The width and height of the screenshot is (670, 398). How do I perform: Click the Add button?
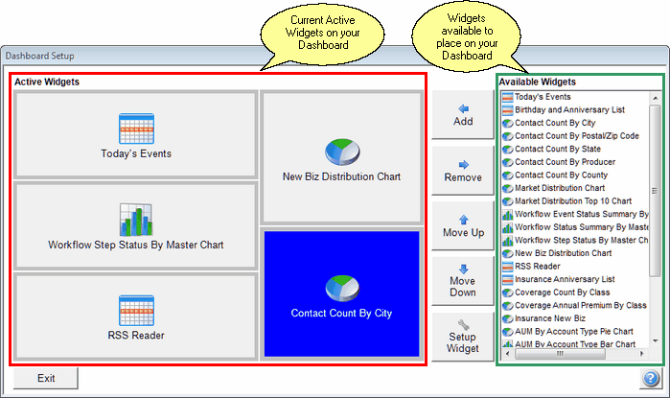(463, 115)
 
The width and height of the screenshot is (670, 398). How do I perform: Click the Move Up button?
(463, 225)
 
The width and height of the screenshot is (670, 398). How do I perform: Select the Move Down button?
(463, 280)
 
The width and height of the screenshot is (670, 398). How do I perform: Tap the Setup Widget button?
(463, 336)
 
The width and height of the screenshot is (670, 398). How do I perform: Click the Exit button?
(45, 378)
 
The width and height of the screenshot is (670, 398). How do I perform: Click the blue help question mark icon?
(651, 379)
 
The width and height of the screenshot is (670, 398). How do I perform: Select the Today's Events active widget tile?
(136, 135)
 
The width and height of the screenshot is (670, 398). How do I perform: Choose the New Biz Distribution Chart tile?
(341, 156)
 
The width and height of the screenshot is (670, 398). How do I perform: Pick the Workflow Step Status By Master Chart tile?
(136, 226)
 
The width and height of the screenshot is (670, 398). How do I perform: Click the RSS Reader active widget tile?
(136, 316)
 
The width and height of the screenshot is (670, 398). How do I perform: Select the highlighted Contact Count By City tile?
(341, 293)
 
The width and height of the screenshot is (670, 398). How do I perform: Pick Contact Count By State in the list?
(557, 150)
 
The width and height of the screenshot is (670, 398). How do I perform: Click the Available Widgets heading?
(537, 82)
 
